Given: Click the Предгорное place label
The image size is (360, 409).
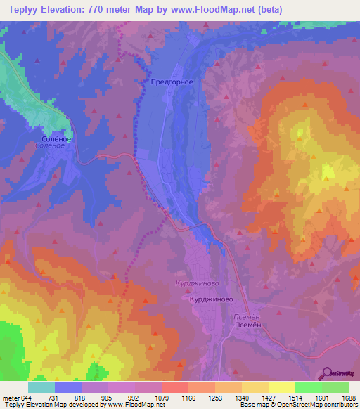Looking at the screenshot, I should pyautogui.click(x=172, y=82).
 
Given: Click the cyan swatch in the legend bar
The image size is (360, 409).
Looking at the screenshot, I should pyautogui.click(x=41, y=387).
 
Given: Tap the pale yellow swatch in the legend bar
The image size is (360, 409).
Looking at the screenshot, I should pyautogui.click(x=281, y=387).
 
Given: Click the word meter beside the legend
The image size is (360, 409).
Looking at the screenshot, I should pyautogui.click(x=10, y=397).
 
